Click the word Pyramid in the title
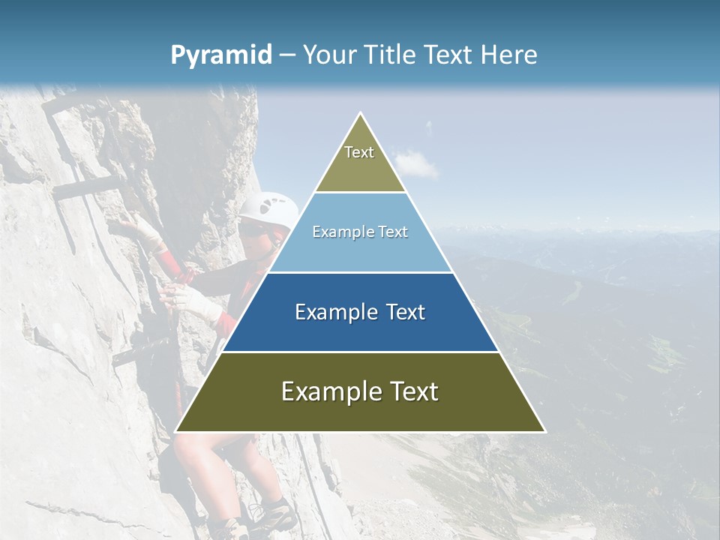click(x=221, y=55)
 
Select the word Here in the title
click(x=508, y=55)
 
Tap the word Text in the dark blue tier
click(x=404, y=312)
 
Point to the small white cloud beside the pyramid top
click(x=415, y=162)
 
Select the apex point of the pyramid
click(x=361, y=113)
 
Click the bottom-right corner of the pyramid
click(x=544, y=431)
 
